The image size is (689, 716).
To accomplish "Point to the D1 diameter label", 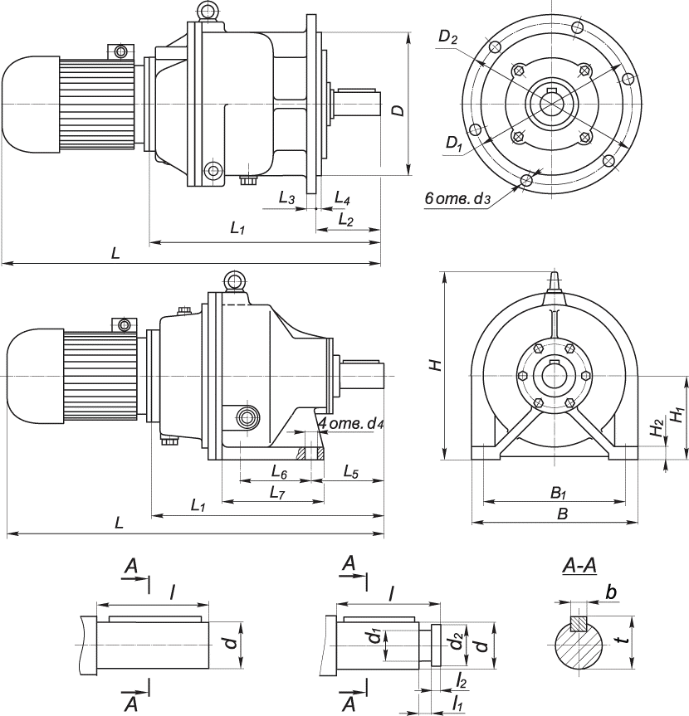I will [x=453, y=144].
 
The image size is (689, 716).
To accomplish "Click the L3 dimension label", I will [x=286, y=199].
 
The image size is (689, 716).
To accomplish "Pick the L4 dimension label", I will [x=341, y=199].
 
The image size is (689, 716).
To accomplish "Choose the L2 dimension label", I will [x=346, y=220].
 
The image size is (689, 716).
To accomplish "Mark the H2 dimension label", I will [x=657, y=428].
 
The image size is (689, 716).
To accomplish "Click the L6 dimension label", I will [x=279, y=471].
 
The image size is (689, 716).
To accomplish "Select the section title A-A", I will [x=579, y=567].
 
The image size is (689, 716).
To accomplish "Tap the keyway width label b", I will [x=611, y=592].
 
